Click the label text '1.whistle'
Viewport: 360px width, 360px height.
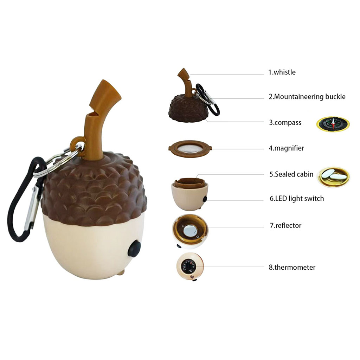[x=282, y=72]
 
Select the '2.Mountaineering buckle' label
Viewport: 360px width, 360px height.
[x=307, y=97]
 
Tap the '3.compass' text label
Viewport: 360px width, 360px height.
[x=285, y=123]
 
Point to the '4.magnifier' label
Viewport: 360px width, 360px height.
[x=286, y=148]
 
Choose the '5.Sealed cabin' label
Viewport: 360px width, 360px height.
[x=291, y=174]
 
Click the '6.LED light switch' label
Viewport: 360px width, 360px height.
[x=297, y=198]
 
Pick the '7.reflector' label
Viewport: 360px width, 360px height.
[x=285, y=225]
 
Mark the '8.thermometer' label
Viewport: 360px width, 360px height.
[x=292, y=267]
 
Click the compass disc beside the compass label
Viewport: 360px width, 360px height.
[x=333, y=124]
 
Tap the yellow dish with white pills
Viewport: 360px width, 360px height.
[x=333, y=176]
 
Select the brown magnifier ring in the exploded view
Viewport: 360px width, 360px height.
[x=190, y=149]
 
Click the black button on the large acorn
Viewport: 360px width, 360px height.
[x=134, y=249]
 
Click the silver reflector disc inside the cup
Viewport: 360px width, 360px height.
[x=190, y=231]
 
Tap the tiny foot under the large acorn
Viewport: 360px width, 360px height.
[x=121, y=272]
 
